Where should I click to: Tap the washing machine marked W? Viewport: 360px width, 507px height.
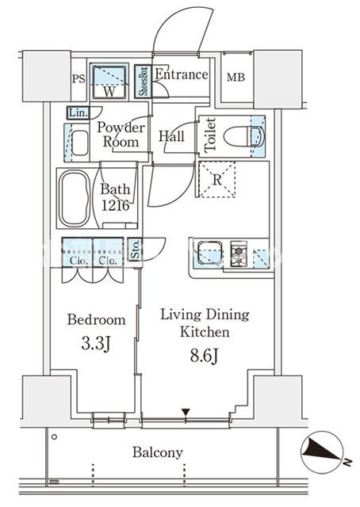[x=109, y=82]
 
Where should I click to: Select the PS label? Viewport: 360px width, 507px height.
[x=79, y=78]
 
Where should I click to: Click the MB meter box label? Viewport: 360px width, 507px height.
[x=236, y=78]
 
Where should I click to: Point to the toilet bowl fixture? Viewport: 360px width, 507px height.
[x=244, y=136]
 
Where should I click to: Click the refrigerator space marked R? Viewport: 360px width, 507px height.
[x=216, y=180]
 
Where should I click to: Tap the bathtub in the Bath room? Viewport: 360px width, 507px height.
[x=75, y=198]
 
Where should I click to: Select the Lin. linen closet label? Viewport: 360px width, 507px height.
[x=79, y=112]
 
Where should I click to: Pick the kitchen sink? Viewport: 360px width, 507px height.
[x=210, y=253]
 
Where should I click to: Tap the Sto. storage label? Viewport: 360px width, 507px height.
[x=136, y=250]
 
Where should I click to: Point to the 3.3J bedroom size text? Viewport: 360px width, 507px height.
[x=96, y=344]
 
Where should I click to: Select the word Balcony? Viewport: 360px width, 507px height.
[x=158, y=452]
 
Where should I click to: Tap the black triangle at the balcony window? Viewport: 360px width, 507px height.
[x=186, y=413]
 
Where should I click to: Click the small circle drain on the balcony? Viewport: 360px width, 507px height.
[x=55, y=436]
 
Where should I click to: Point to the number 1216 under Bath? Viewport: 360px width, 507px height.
[x=116, y=205]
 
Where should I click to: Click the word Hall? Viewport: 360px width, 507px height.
[x=171, y=136]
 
